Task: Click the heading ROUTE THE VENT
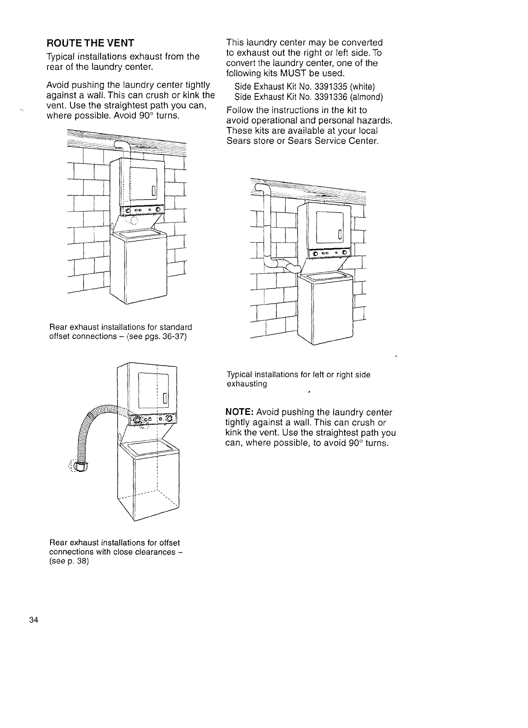90,43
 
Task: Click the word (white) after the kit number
362,87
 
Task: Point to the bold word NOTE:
239,412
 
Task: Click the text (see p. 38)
69,561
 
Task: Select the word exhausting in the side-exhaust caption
247,384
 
